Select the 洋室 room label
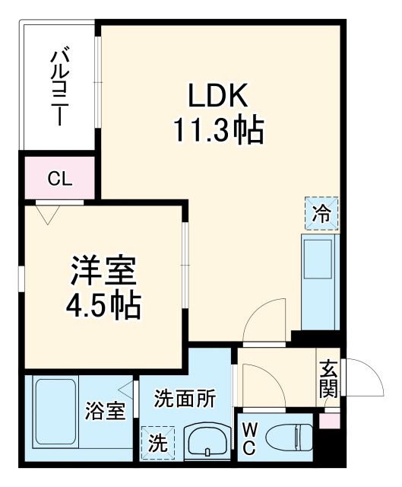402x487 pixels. [105, 270]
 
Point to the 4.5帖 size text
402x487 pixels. [105, 306]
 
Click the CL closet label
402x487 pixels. [59, 180]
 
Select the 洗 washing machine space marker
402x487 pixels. [157, 442]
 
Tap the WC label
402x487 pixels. [248, 440]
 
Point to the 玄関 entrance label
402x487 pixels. [328, 379]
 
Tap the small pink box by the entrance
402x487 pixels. [329, 420]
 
